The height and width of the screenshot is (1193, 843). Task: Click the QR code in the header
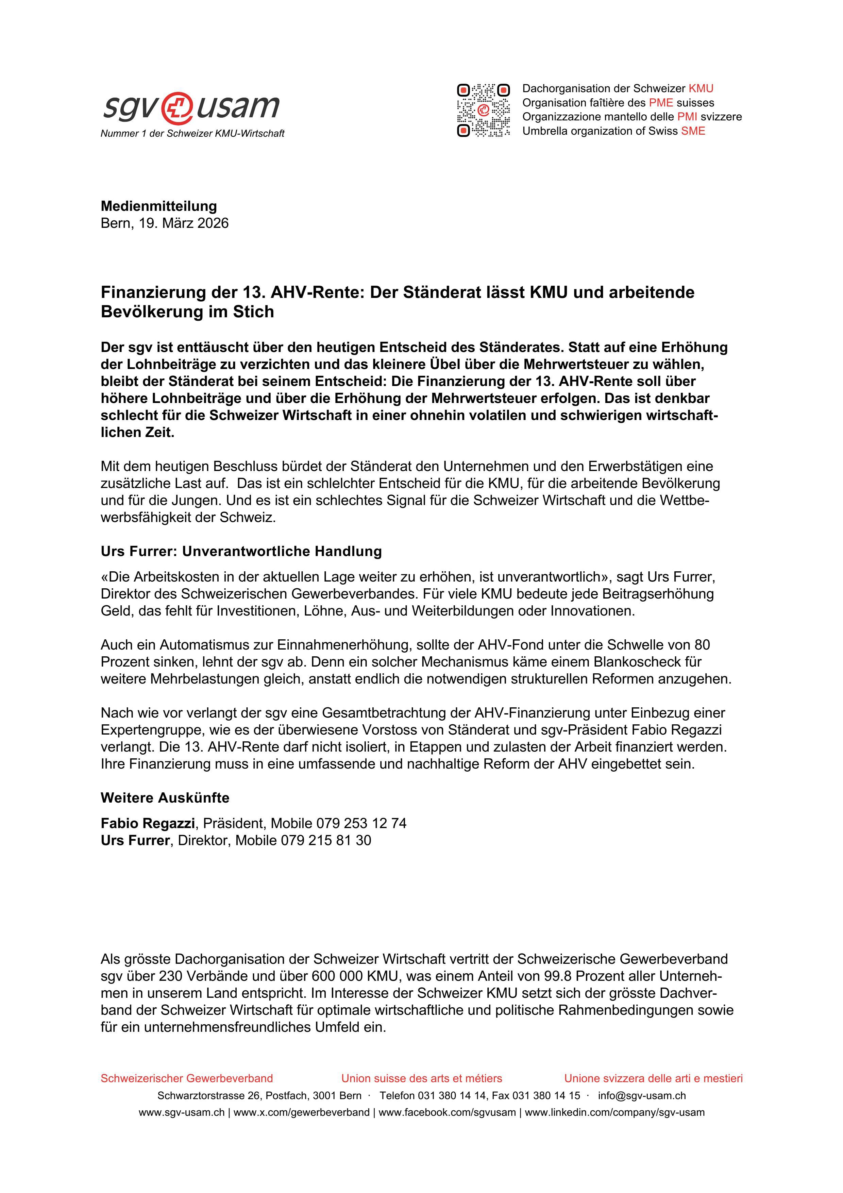(x=483, y=110)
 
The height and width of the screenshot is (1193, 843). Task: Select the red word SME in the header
(x=693, y=131)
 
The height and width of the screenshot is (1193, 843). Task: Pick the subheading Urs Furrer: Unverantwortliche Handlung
(x=241, y=551)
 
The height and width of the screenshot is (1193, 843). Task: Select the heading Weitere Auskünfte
(x=165, y=797)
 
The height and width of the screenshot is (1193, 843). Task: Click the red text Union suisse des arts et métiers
(x=421, y=1078)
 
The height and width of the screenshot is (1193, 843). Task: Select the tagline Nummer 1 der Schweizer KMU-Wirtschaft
(x=192, y=134)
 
